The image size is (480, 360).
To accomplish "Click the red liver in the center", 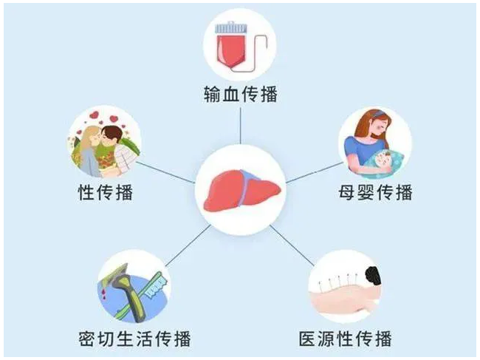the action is [x=241, y=191].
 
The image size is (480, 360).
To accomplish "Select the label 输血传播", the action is [x=241, y=94].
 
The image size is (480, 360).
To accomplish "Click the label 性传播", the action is [x=106, y=192].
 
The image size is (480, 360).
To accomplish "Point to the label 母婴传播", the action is [x=375, y=192].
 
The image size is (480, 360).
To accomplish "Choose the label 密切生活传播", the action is [x=134, y=339].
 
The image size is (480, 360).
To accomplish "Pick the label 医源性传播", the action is [x=346, y=339].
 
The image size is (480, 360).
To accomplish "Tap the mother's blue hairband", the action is [x=379, y=114].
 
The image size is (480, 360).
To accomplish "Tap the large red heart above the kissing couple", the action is [x=114, y=119].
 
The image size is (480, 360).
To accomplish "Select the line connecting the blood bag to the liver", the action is [x=241, y=126].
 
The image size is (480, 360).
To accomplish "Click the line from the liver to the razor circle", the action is [x=188, y=245].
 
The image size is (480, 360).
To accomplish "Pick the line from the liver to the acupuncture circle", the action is [x=292, y=245].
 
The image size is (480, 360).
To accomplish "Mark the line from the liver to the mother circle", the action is [x=315, y=173].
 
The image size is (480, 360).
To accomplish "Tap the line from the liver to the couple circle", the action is [x=165, y=172].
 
